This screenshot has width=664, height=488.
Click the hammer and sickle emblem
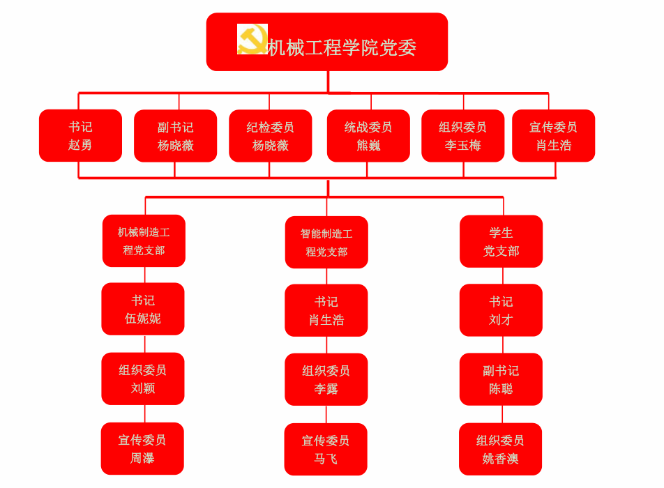252,39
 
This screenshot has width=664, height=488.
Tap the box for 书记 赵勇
80,136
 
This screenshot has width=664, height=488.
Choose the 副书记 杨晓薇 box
175,136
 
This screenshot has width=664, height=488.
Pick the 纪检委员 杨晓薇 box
270,136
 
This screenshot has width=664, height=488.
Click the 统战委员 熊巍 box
368,136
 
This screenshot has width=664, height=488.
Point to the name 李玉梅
462,146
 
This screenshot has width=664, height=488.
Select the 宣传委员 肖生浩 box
553,136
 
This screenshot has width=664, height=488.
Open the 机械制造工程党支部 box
144,241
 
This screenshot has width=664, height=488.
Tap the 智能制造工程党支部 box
326,243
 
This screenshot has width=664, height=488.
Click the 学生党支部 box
501,241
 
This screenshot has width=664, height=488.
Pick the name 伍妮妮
143,319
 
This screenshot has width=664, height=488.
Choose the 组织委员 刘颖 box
143,379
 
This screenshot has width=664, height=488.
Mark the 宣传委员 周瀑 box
142,449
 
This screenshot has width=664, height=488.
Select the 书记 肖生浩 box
326,310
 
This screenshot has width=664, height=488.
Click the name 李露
326,389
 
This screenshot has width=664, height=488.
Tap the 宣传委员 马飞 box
326,450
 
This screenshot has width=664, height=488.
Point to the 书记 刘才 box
501,310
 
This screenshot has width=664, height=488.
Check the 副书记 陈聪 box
501,379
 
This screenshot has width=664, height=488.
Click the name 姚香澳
500,459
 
